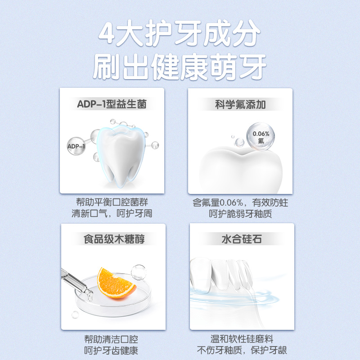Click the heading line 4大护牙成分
point(179,34)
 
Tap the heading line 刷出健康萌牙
point(180,67)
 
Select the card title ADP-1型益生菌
point(112,104)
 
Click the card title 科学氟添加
point(240,105)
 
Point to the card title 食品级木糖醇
point(114,239)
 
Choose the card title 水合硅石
point(242,239)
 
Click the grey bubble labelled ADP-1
point(76,146)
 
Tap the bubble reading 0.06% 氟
point(261,137)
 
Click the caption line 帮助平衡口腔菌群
point(112,202)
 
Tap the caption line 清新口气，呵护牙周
point(112,213)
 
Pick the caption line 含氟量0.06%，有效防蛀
point(240,202)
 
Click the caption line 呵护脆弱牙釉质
point(240,214)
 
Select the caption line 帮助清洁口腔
point(111,339)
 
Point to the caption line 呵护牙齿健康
point(111,351)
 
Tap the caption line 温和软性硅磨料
point(242,339)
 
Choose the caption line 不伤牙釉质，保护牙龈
point(242,351)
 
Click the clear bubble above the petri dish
point(139,272)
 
